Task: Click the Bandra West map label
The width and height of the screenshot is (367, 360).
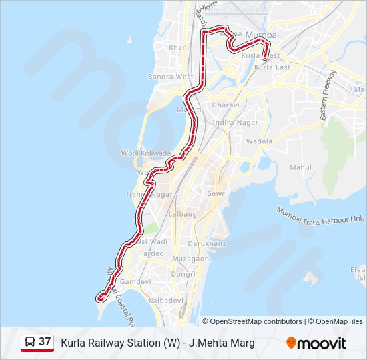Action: click(x=171, y=77)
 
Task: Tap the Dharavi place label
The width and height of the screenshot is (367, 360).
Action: click(x=225, y=105)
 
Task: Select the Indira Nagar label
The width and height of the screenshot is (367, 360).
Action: click(x=230, y=123)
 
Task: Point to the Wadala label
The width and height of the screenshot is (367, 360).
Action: click(x=259, y=141)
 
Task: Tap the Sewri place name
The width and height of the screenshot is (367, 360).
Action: click(x=217, y=193)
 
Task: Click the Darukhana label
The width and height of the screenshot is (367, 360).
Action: click(x=207, y=244)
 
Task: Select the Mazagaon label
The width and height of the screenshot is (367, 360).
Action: click(x=190, y=258)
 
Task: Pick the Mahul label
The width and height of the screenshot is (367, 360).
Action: click(x=302, y=167)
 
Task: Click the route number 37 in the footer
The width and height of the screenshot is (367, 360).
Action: click(x=45, y=342)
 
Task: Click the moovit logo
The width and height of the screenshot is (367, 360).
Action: click(x=316, y=343)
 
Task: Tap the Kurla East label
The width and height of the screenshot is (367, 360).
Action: click(x=272, y=67)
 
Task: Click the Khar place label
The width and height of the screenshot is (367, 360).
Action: click(x=177, y=48)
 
